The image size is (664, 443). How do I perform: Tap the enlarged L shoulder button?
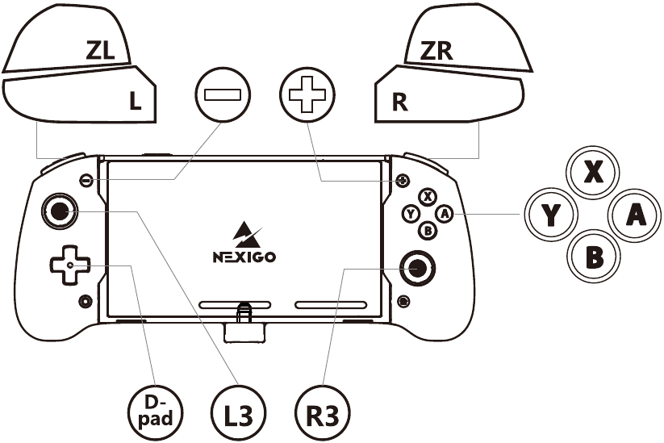81,95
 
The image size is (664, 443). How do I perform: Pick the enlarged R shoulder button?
449,95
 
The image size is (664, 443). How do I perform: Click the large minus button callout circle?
223,94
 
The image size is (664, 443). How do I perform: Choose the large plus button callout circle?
307,94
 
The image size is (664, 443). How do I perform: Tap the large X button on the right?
593,172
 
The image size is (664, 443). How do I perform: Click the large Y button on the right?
551,215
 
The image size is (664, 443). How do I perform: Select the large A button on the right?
635,215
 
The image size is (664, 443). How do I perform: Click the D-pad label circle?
156,412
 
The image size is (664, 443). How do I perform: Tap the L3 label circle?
239,412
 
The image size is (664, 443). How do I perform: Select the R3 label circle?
323,412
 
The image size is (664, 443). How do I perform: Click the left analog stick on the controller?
60,211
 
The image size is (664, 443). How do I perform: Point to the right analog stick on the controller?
418,268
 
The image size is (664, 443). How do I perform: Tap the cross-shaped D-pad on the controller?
70,265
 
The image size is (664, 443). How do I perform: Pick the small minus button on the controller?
86,180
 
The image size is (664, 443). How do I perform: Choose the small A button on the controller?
445,214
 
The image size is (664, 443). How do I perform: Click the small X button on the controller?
428,197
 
